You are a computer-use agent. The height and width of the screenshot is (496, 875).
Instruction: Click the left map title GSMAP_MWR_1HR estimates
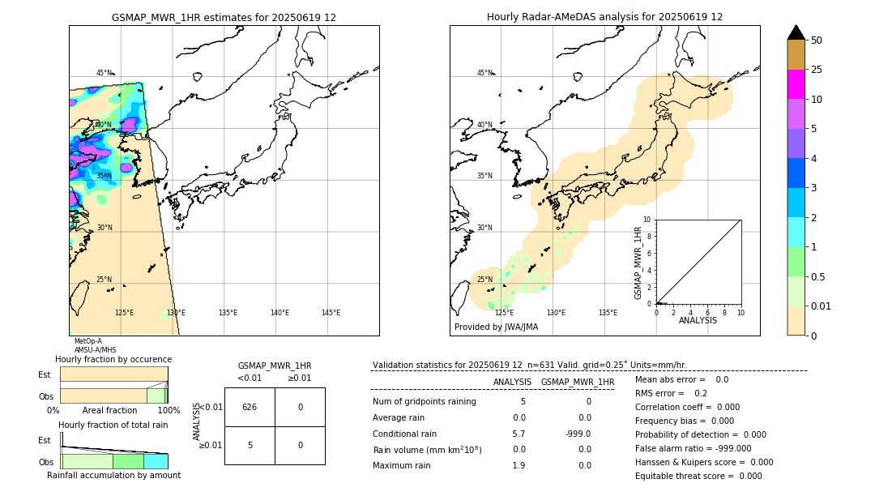(x=224, y=17)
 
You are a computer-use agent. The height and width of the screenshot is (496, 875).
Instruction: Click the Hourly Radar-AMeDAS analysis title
(x=604, y=17)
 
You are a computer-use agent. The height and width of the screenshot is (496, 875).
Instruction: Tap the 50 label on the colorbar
(x=817, y=41)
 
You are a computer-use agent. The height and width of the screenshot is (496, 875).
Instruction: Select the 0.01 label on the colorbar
(x=822, y=306)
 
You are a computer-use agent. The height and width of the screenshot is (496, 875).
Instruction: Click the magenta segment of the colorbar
(x=796, y=84)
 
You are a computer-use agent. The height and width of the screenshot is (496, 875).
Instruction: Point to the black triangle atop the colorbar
(x=796, y=32)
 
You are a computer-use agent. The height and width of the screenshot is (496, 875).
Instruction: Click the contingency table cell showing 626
(x=250, y=407)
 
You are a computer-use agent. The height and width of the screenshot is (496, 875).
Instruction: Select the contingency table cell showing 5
(x=250, y=445)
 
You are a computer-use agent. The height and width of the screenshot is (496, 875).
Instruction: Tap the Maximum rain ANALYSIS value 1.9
(x=519, y=465)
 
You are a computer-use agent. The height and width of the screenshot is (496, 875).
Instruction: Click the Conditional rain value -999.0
(x=578, y=434)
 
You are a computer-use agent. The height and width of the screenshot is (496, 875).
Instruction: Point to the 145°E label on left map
(x=331, y=313)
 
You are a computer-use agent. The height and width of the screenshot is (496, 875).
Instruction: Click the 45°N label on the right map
(x=484, y=73)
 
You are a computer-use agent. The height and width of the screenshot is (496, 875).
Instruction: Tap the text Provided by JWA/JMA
(x=496, y=327)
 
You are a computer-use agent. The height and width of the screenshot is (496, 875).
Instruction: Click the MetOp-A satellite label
(x=88, y=341)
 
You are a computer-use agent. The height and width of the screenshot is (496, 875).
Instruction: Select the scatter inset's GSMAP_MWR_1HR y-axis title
(x=638, y=263)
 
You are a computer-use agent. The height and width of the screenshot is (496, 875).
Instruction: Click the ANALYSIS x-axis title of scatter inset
(x=698, y=320)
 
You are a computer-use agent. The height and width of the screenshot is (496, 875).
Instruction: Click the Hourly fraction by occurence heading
(x=113, y=359)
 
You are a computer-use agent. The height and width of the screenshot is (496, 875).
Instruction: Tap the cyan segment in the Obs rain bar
(x=156, y=461)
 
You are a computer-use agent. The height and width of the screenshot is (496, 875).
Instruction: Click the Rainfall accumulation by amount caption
(x=113, y=475)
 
